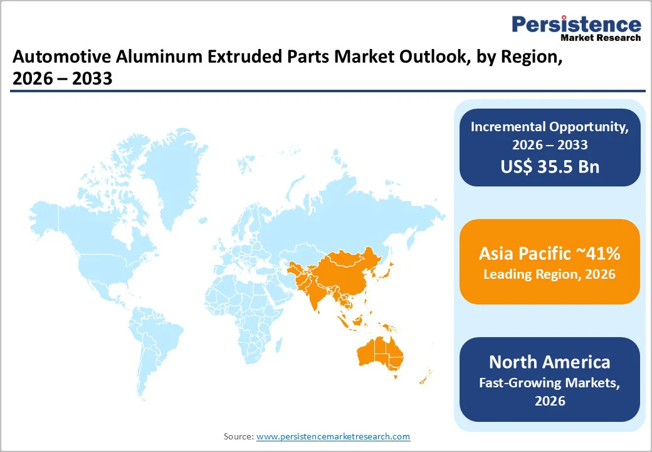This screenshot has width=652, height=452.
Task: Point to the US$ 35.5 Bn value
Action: [x=550, y=166]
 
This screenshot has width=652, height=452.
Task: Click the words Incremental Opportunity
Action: [x=550, y=126]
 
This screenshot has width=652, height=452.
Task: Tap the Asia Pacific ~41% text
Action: [x=550, y=253]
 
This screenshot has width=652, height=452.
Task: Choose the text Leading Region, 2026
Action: [x=550, y=274]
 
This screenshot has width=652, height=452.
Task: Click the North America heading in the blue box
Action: [x=550, y=362]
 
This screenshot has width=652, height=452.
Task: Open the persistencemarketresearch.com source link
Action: [x=333, y=436]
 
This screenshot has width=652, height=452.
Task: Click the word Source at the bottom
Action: [x=238, y=436]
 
